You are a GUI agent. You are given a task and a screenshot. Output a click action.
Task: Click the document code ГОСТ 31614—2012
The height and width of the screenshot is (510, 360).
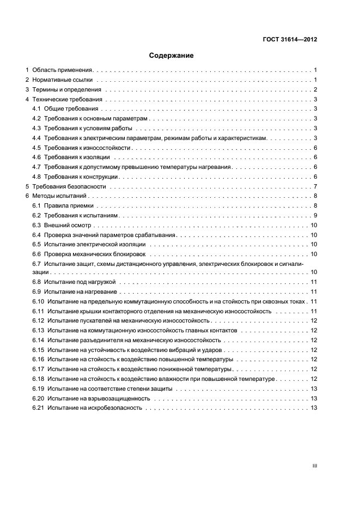click(290, 40)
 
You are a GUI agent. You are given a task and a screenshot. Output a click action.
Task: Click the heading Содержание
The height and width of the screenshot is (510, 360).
click(172, 56)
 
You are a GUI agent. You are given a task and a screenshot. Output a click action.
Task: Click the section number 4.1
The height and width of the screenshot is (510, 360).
click(36, 110)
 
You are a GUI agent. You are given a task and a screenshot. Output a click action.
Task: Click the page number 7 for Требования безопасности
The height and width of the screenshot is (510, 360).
click(315, 187)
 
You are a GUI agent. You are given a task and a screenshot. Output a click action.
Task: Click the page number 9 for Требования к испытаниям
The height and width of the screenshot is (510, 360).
click(315, 216)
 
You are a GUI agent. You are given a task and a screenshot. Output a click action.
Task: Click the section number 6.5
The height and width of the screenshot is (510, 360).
click(36, 245)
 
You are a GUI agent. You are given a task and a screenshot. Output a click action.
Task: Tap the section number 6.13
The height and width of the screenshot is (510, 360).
click(38, 331)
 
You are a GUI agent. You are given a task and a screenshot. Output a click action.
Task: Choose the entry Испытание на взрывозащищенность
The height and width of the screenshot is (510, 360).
click(98, 399)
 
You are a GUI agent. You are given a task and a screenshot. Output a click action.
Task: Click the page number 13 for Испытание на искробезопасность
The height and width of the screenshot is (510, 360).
click(314, 409)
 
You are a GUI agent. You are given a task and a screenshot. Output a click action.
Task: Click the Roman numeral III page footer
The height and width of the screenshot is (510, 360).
click(314, 466)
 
